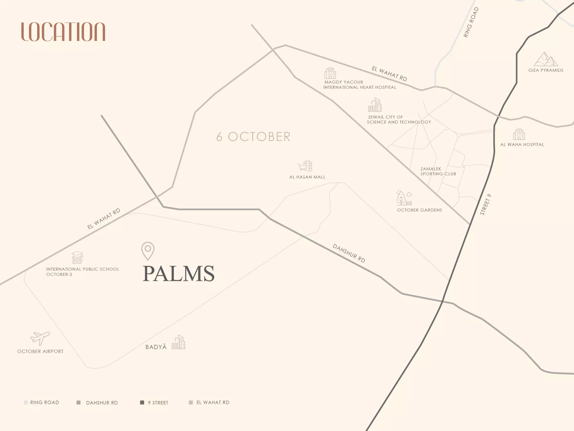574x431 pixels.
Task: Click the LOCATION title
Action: [63, 32]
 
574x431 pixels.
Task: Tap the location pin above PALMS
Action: [148, 251]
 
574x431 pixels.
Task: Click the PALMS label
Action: [179, 274]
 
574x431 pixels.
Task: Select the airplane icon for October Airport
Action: [40, 338]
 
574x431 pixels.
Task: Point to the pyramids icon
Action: [546, 59]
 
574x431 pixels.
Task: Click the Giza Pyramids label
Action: [546, 70]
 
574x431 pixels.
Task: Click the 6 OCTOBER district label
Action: [253, 137]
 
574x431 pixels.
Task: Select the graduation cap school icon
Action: [78, 257]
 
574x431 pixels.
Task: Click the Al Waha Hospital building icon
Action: [519, 135]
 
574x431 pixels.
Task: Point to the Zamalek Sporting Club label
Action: [438, 171]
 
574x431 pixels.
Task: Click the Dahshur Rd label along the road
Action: [349, 253]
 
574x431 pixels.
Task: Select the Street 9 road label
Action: [485, 205]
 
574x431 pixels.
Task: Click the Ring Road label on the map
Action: [471, 23]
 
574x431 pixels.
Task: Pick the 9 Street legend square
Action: [142, 403]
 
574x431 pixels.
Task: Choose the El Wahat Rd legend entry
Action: [209, 403]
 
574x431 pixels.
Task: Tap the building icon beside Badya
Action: [179, 342]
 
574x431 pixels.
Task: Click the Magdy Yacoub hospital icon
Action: [330, 73]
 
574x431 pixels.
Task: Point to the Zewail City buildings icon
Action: [375, 105]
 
